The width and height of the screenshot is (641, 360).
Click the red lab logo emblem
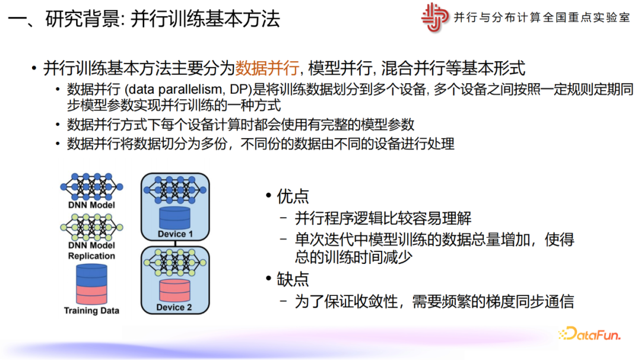434,17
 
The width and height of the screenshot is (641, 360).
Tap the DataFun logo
589,334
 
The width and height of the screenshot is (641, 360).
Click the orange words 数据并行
267,68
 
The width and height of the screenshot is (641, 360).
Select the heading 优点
293,196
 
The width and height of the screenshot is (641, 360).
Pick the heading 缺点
293,279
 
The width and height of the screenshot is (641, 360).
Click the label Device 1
175,234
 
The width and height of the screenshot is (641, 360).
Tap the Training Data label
91,311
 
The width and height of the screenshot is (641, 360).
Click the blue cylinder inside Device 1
174,218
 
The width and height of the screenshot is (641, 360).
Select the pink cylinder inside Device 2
174,291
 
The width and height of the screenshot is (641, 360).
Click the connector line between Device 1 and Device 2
175,244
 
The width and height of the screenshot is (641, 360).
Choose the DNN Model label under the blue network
91,205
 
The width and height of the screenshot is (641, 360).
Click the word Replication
91,256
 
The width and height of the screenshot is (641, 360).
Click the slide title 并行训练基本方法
205,19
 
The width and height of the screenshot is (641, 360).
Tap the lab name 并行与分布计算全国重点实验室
542,17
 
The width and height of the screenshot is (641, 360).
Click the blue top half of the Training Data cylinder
91,275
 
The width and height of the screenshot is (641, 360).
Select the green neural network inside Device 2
175,262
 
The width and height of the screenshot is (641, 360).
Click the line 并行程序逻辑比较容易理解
383,218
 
